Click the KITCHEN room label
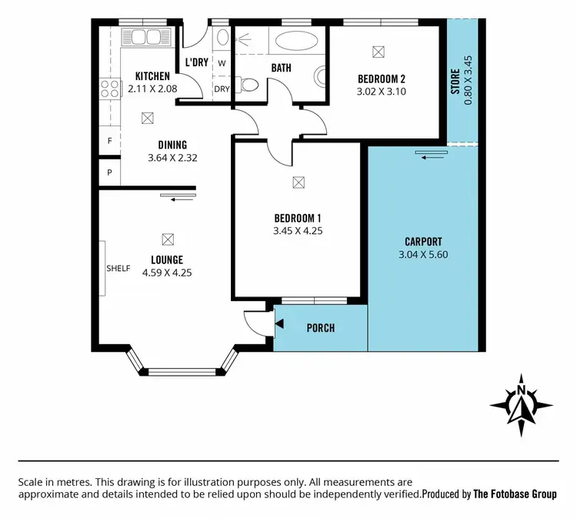click(152, 76)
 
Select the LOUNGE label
click(167, 259)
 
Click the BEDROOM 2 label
click(382, 78)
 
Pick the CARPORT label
click(422, 240)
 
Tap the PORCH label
click(320, 328)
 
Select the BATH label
click(281, 68)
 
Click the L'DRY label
click(197, 62)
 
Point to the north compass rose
click(521, 403)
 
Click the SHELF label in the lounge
click(118, 269)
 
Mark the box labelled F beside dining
click(109, 142)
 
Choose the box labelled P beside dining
click(109, 172)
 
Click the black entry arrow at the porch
click(278, 326)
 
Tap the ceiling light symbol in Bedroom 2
click(377, 52)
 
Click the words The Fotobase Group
click(515, 494)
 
